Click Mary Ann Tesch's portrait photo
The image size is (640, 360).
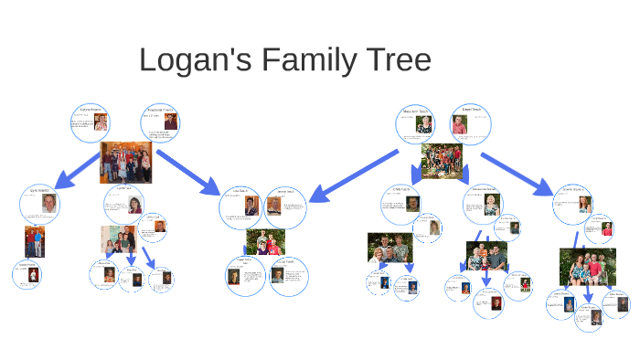click(425, 125)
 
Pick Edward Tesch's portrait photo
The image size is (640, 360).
click(459, 125)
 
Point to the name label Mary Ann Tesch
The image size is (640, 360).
click(416, 111)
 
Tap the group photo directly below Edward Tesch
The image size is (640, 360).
click(443, 162)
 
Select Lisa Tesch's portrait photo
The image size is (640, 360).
click(251, 206)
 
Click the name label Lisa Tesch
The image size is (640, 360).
click(241, 192)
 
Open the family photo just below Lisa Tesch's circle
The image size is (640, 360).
click(266, 242)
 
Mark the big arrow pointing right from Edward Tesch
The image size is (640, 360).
click(517, 174)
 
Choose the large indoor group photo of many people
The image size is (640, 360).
click(125, 163)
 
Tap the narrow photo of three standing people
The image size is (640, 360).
click(34, 242)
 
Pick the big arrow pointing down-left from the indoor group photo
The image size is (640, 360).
click(75, 171)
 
